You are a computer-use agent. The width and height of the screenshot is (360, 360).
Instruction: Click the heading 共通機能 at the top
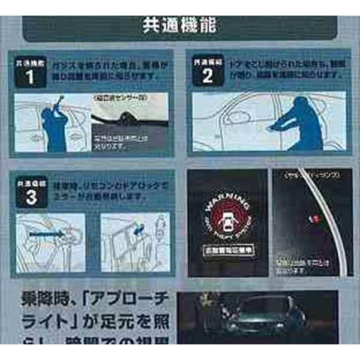(x=180, y=26)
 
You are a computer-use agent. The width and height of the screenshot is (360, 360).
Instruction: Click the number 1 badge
(x=30, y=76)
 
